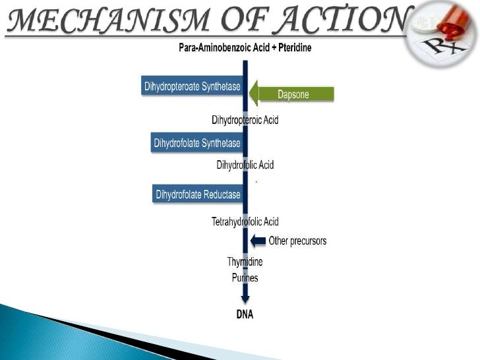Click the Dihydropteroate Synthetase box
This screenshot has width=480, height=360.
point(193,86)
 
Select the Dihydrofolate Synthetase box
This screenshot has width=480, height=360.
point(196,143)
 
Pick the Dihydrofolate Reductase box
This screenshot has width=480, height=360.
point(198,195)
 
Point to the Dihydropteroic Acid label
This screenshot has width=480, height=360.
point(245,121)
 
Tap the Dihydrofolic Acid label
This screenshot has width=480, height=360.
point(245,165)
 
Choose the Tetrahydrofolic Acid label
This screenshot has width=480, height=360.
point(245,222)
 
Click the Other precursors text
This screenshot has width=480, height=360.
point(297,241)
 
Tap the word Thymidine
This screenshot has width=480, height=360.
point(245,262)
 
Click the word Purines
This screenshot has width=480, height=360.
point(245,278)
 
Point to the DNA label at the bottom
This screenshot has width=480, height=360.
point(245,315)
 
